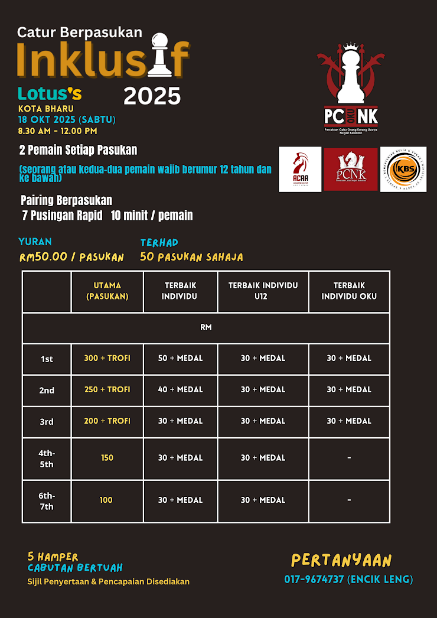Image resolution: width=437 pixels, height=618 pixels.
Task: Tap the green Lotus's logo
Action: coord(50,93)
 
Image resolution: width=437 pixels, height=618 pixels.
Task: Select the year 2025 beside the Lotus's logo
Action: coord(152,95)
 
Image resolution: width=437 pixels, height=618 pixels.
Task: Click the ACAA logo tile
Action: coord(300,169)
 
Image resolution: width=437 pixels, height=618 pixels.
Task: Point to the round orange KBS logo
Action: coord(403,169)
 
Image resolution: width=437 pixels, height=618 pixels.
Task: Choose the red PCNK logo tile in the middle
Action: coord(351,169)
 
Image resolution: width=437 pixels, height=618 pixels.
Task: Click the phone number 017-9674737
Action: coord(348,580)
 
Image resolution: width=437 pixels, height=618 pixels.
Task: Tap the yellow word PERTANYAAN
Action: coord(341,560)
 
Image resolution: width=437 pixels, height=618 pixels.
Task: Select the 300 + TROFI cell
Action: coord(107,358)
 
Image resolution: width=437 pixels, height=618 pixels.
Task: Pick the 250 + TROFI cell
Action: coord(107,389)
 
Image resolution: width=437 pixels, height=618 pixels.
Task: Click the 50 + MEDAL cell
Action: coord(180,358)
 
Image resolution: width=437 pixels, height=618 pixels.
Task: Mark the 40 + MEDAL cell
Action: coord(180,389)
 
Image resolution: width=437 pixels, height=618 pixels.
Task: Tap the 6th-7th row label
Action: coord(47,501)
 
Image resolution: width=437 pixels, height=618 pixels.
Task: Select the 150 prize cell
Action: coord(107,458)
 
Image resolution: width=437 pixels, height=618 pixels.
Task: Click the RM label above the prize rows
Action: coord(206,327)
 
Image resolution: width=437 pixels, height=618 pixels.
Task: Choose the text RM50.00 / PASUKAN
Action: coord(71,258)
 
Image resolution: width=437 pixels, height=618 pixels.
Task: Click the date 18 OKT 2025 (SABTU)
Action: coord(67,119)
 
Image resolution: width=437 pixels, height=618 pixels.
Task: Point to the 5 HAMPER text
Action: coord(53,557)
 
